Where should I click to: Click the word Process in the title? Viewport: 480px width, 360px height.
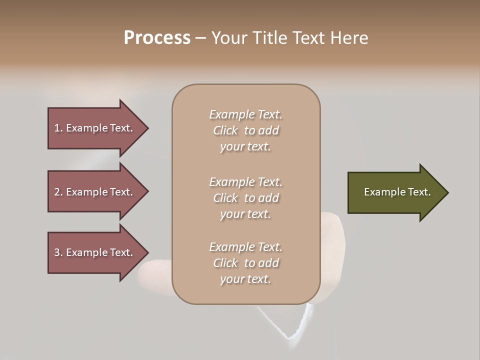[157, 38]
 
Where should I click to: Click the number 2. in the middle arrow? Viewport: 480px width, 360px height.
[58, 192]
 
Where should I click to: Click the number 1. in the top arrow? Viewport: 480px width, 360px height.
[58, 128]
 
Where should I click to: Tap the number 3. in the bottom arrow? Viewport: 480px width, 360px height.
[58, 252]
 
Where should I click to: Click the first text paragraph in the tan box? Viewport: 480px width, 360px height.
[245, 130]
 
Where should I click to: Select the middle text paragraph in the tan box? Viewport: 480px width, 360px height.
[245, 198]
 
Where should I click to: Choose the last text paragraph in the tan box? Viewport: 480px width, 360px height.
[245, 263]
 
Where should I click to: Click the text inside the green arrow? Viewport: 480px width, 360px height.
[397, 192]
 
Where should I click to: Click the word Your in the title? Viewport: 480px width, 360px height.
[229, 38]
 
